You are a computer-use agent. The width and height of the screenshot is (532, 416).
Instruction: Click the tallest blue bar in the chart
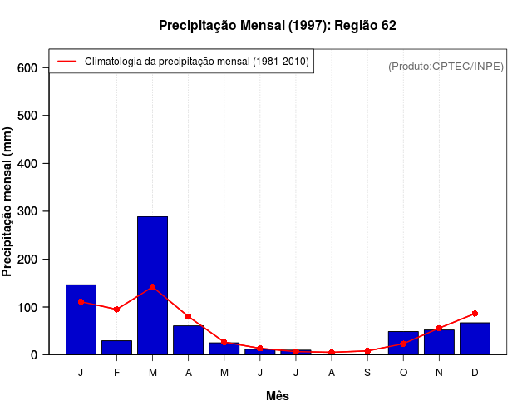(x=152, y=285)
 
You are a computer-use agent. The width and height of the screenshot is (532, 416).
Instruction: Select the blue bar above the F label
(x=116, y=347)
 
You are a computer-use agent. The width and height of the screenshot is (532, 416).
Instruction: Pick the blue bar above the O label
(x=403, y=343)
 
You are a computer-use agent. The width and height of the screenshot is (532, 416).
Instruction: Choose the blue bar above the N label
(x=439, y=342)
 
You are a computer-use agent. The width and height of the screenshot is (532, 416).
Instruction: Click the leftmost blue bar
(x=81, y=319)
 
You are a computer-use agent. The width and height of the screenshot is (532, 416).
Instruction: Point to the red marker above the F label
(x=116, y=310)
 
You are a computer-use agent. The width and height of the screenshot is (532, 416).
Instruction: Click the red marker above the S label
(x=367, y=351)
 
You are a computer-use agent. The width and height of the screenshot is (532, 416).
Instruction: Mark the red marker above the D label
(x=475, y=314)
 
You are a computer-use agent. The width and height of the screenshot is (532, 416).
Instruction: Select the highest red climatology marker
(x=152, y=287)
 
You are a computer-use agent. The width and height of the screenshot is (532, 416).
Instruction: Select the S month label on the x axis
(x=367, y=373)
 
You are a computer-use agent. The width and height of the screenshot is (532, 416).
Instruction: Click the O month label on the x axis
(x=403, y=373)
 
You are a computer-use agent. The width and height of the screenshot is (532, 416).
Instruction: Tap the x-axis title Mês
(x=278, y=396)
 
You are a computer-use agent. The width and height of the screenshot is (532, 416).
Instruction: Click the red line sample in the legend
(x=66, y=62)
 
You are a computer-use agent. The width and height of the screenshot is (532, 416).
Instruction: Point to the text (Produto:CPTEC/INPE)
(x=446, y=66)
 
